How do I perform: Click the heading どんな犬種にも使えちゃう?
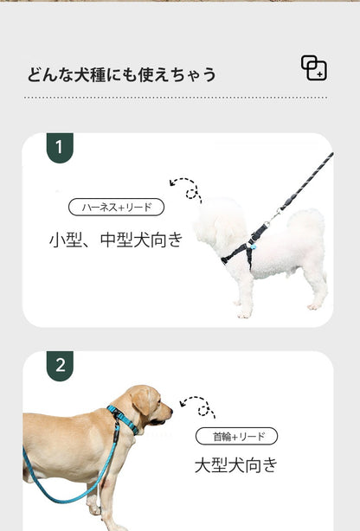pos(121,74)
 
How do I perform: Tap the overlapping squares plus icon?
pos(314,68)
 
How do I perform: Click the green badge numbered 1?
pos(60,148)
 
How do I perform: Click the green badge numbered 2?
pos(60,366)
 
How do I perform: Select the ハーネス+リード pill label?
pos(116,208)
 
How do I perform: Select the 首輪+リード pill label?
pos(236,436)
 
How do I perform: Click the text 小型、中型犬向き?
pos(116,240)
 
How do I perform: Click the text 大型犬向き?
pos(236,465)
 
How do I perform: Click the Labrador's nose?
pos(170,412)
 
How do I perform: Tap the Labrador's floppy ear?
pos(141,401)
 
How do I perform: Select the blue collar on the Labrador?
pos(123,419)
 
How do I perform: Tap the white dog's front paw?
pos(244,314)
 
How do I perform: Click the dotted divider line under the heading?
pos(176,98)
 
